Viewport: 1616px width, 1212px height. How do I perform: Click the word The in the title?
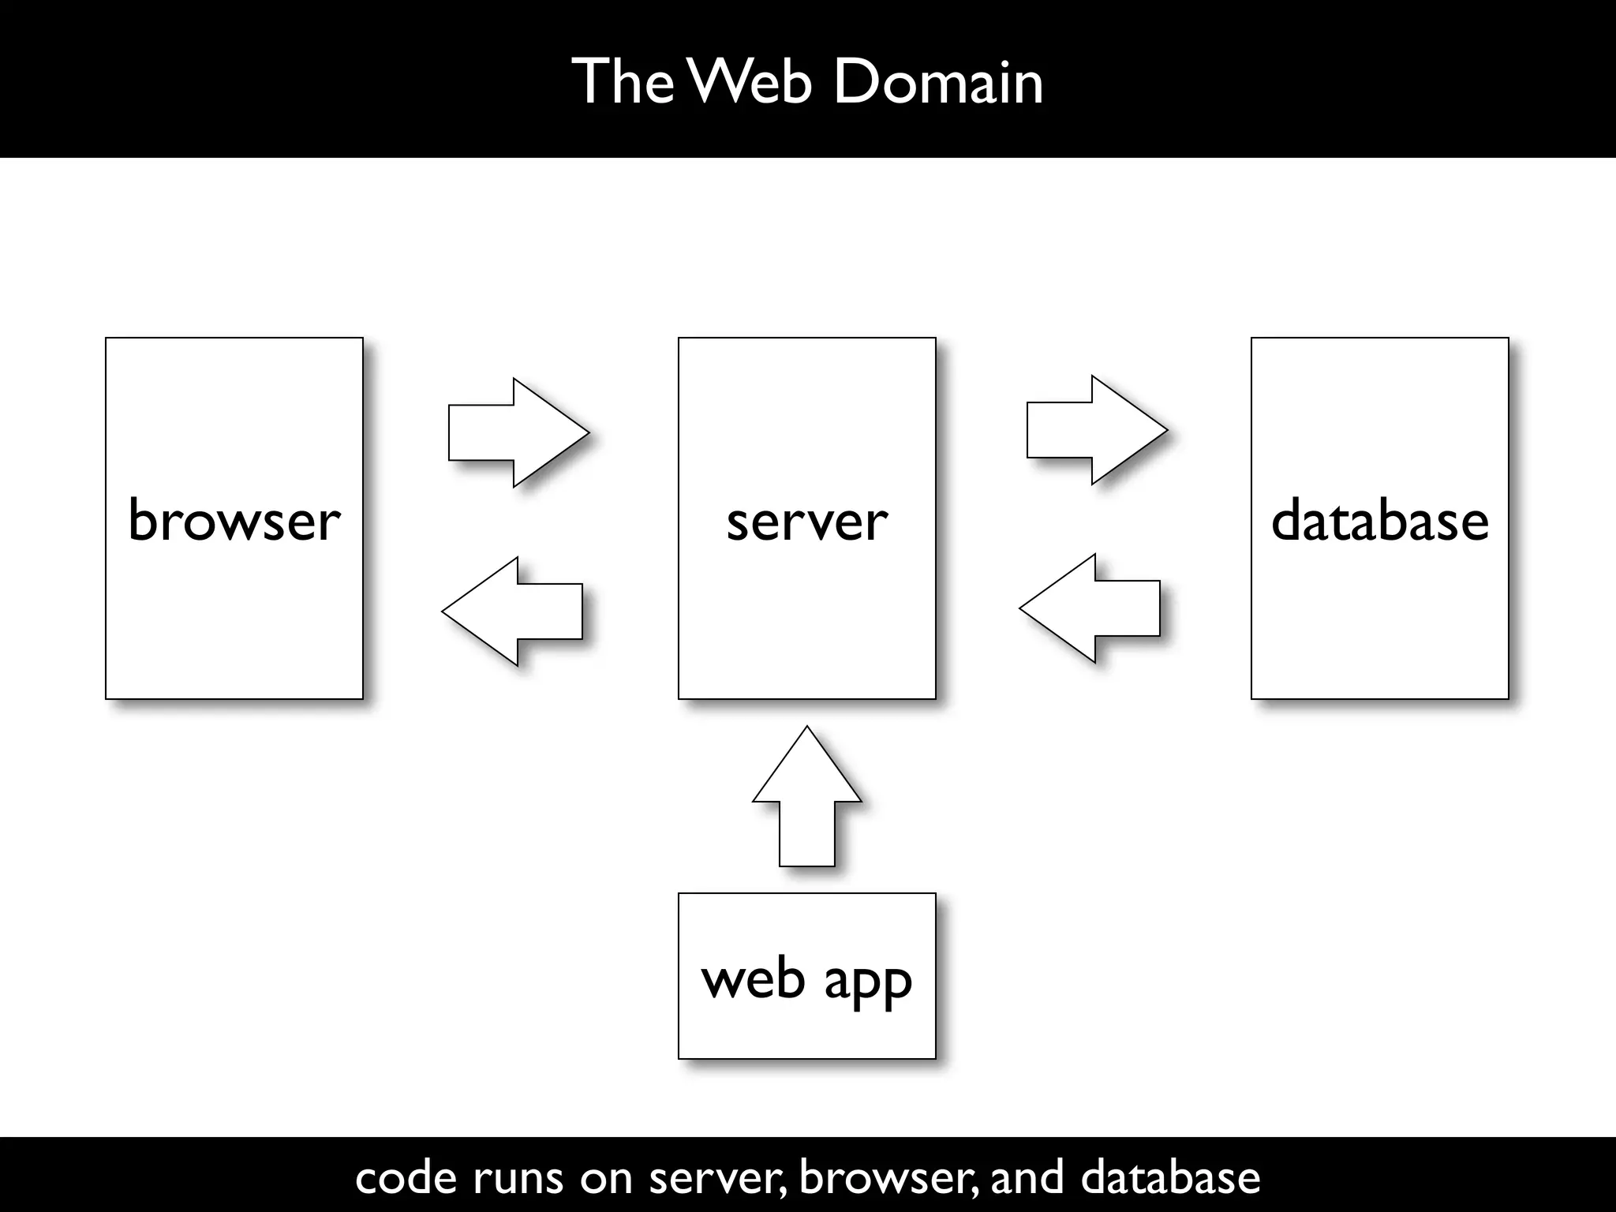point(623,81)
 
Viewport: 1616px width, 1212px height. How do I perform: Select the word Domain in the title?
point(937,81)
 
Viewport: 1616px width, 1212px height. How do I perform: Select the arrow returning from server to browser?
point(512,612)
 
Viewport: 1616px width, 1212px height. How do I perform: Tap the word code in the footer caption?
point(406,1177)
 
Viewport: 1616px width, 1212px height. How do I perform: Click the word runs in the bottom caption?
point(518,1177)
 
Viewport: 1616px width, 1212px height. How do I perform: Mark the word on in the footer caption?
point(606,1177)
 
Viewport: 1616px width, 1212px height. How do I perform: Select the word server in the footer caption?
point(716,1177)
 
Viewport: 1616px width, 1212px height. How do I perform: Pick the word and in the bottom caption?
point(1027,1177)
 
